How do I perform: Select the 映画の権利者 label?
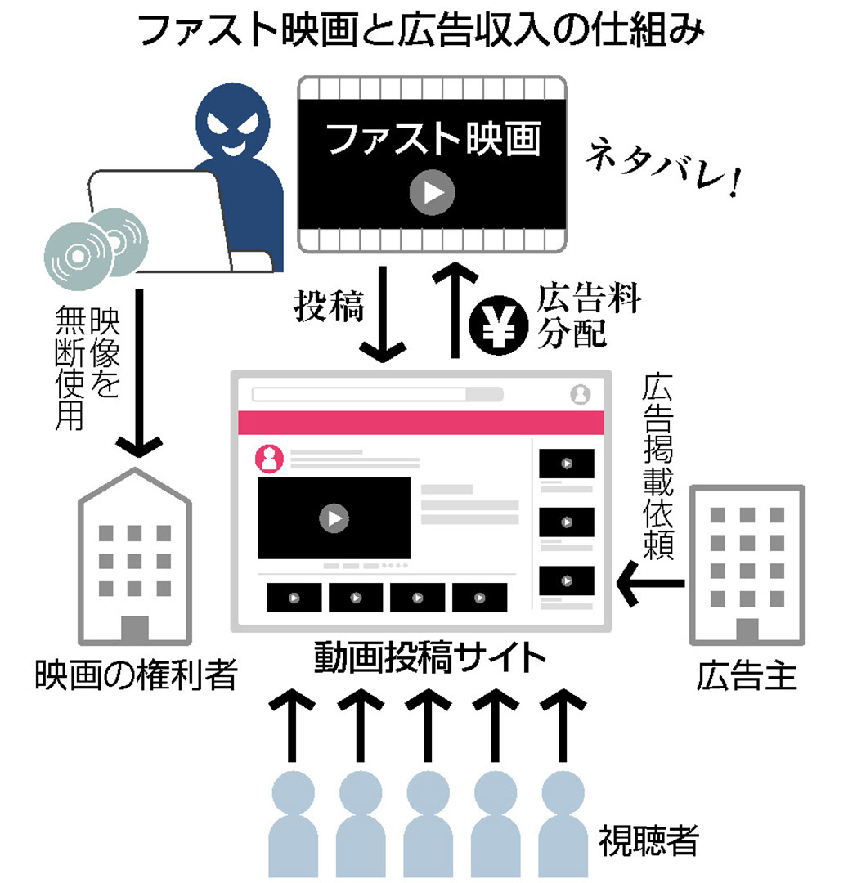[134, 675]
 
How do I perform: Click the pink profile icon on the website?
[270, 459]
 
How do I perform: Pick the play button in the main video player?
[334, 518]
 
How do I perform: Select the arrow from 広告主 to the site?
[651, 581]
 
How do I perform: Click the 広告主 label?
[747, 676]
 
